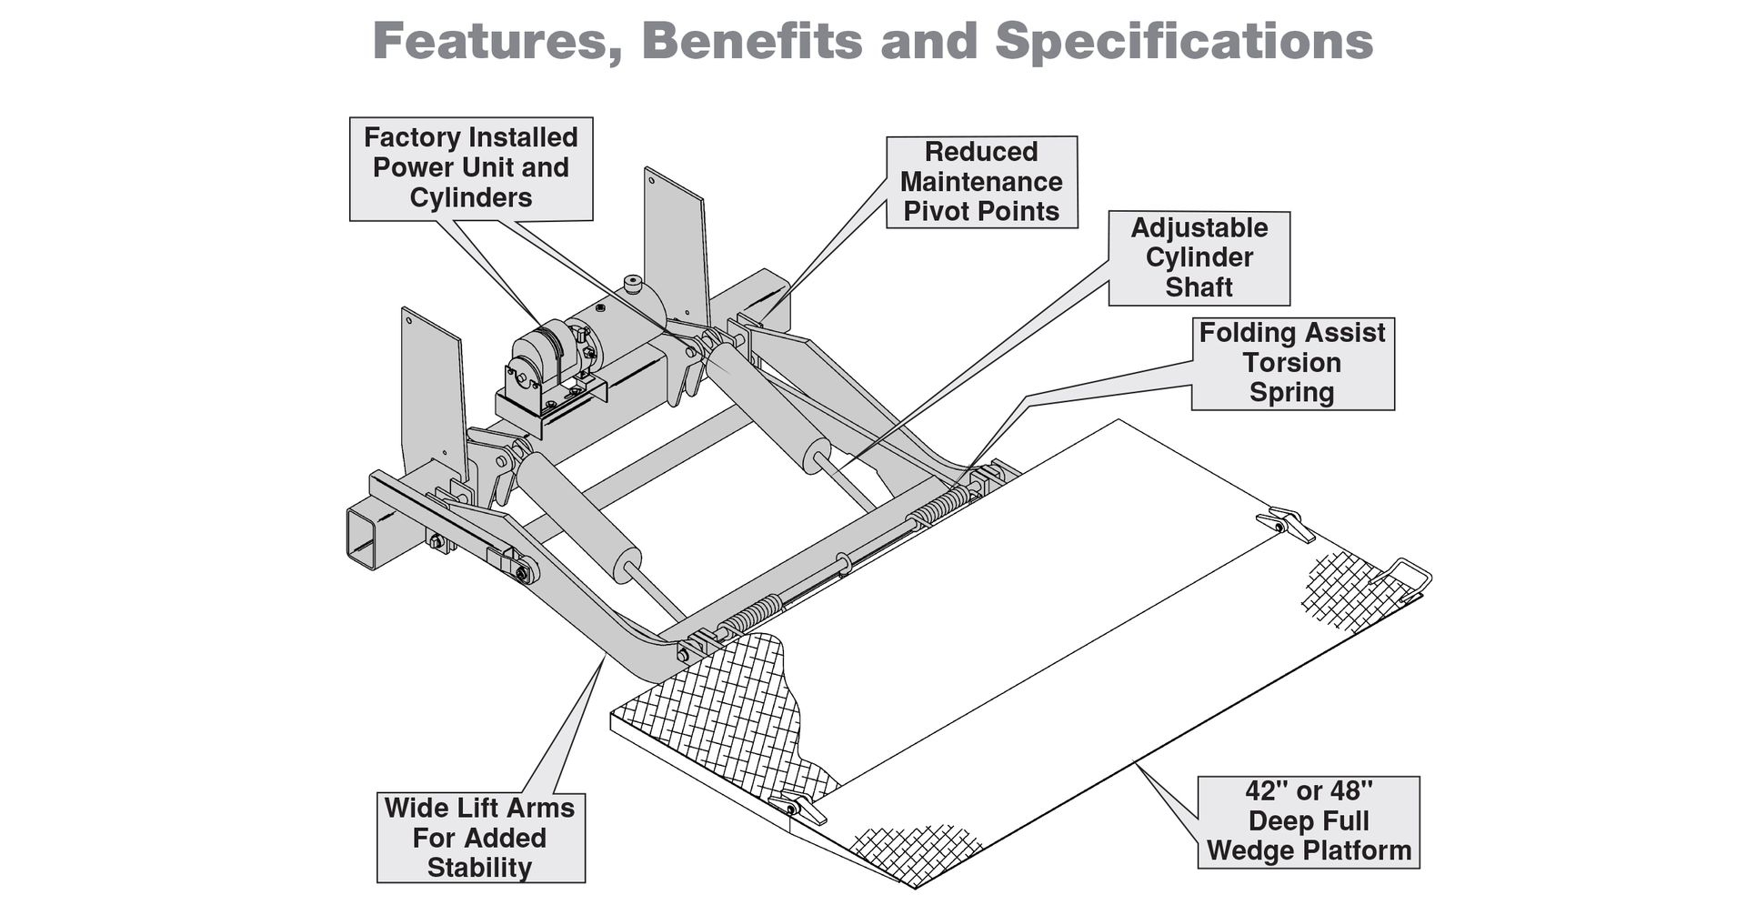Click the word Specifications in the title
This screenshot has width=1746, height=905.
tap(1184, 41)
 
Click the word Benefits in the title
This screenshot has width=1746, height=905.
tap(751, 41)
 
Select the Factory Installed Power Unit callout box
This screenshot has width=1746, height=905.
tap(471, 168)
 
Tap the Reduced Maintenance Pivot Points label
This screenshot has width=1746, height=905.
tap(981, 182)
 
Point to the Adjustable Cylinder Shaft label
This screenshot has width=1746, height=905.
tap(1199, 257)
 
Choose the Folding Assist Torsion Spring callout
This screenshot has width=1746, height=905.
tap(1292, 363)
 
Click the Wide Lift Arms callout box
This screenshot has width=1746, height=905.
tap(480, 838)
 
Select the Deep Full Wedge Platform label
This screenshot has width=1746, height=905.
tap(1308, 821)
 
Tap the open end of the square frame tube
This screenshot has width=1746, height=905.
tap(361, 538)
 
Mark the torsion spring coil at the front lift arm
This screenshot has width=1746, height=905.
tap(750, 617)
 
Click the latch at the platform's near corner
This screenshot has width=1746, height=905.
tap(798, 808)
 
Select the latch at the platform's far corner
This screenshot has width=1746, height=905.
tap(1285, 523)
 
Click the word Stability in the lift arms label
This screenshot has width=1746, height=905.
tap(479, 868)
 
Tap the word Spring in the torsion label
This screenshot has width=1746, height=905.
tap(1291, 393)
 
